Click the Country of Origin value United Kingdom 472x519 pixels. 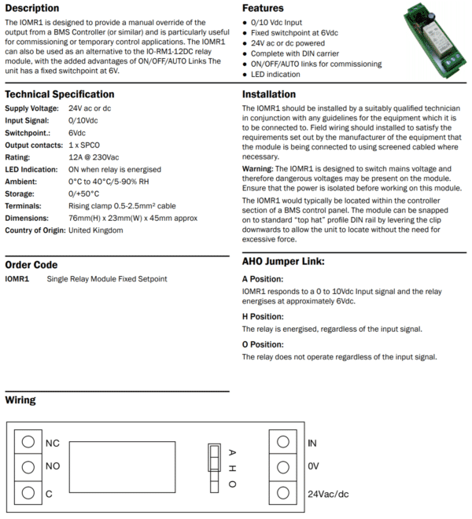tap(95, 230)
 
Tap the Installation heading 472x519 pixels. tap(268, 94)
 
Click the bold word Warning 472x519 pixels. tap(257, 169)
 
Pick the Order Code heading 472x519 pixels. tap(31, 265)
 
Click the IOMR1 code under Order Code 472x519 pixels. tap(17, 279)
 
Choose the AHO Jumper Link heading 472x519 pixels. tap(283, 261)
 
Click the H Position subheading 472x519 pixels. tap(263, 316)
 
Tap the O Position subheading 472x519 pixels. tap(263, 344)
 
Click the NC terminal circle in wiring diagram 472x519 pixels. tap(28, 443)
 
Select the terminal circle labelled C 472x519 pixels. tap(28, 493)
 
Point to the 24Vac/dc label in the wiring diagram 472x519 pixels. tap(326, 494)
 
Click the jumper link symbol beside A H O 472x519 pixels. tap(212, 467)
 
